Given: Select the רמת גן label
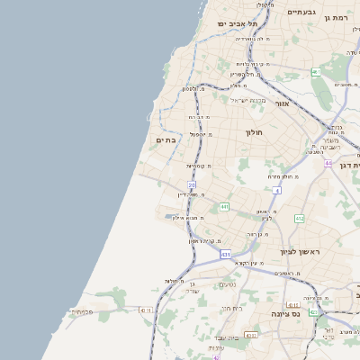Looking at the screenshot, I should [x=338, y=17].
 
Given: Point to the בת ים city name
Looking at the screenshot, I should [x=166, y=139].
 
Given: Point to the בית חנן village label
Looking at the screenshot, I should [x=232, y=309].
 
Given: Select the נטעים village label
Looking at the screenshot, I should [x=228, y=285].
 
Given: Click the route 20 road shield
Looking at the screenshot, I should [x=192, y=185].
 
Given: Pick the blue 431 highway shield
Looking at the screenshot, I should [x=225, y=255].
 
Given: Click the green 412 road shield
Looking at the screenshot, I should [x=299, y=218].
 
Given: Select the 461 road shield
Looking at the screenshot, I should [x=316, y=72].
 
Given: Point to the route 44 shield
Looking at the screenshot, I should [x=328, y=164].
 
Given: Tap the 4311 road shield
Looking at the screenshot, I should [x=146, y=310].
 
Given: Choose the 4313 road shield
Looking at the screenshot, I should [x=251, y=335].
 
